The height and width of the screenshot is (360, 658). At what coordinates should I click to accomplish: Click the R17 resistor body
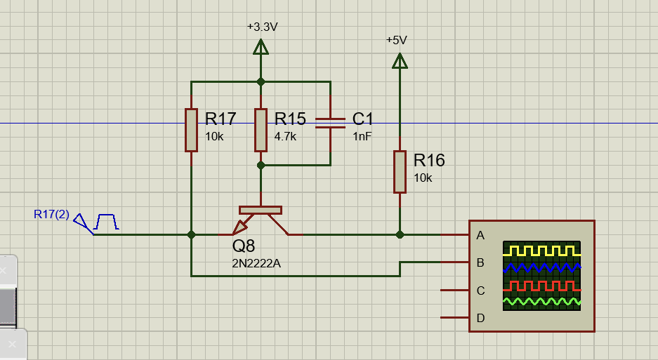point(191,130)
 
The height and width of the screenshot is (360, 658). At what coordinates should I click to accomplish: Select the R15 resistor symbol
point(261,130)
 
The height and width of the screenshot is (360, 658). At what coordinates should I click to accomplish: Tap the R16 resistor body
point(400,172)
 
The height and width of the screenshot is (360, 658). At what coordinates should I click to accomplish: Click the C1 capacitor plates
point(330,123)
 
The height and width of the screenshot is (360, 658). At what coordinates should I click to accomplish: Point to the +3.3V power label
point(262,27)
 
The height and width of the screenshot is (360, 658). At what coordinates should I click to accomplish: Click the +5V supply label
point(397,40)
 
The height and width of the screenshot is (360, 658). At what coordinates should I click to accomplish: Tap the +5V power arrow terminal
point(400,60)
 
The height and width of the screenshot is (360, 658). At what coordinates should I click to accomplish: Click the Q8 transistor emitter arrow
point(241,227)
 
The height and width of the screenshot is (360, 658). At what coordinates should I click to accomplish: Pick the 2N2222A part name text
point(256,263)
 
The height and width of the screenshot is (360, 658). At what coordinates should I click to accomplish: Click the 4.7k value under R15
point(285,136)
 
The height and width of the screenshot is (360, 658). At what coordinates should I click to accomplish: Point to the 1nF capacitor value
point(362,136)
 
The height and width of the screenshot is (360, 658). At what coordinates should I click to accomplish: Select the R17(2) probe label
point(51,215)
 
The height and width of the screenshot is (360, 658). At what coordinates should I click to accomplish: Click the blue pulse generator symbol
point(106,222)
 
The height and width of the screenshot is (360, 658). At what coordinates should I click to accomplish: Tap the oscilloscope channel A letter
point(480,235)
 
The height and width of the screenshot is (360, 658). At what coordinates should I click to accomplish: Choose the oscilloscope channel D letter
point(480,318)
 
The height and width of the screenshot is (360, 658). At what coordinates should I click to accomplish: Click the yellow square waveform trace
point(541,251)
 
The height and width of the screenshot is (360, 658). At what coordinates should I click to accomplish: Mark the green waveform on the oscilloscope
point(541,301)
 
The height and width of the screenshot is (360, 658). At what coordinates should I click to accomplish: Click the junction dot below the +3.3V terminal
point(261,82)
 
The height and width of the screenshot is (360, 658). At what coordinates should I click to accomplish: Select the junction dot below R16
point(400,234)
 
